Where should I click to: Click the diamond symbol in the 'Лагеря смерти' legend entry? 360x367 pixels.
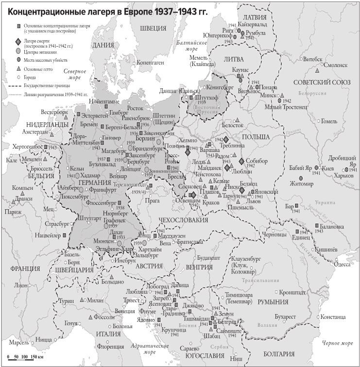click(x=18, y=42)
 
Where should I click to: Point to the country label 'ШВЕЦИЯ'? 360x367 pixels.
click(x=154, y=28)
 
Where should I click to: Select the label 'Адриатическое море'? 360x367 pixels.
click(x=153, y=349)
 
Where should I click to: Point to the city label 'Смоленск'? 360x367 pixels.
click(x=333, y=65)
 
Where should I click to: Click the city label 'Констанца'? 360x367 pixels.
click(x=332, y=317)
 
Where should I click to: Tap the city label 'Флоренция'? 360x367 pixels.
click(x=111, y=346)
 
